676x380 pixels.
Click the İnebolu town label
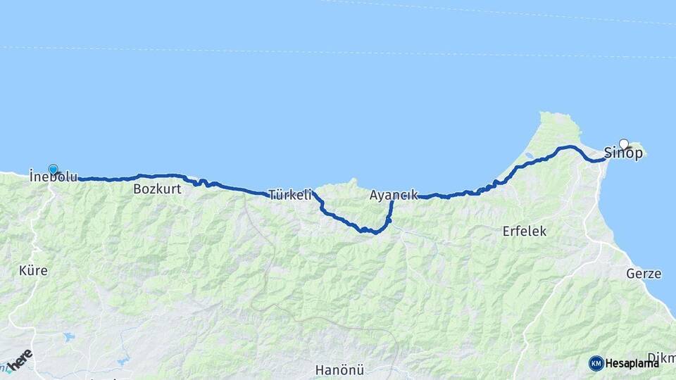[x=54, y=177]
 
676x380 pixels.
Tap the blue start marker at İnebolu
[x=53, y=170]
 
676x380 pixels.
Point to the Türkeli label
[x=289, y=196]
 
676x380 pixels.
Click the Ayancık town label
[x=394, y=196]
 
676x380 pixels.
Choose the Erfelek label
[x=525, y=231]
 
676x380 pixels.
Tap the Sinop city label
[x=623, y=153]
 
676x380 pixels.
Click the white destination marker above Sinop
[x=623, y=144]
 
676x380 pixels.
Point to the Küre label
[x=33, y=270]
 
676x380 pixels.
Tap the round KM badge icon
[x=596, y=363]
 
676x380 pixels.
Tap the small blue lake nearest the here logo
[x=68, y=337]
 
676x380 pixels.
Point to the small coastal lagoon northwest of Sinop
[x=528, y=156]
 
